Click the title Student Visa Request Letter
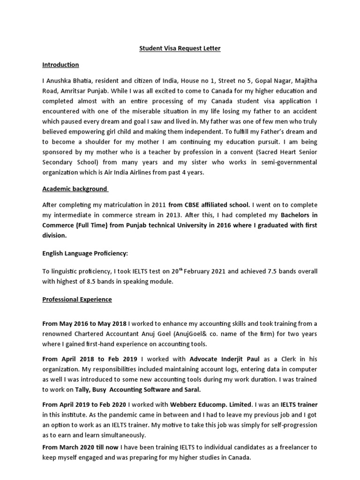tap(180, 48)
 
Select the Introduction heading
tap(60, 65)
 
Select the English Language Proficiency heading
tap(85, 253)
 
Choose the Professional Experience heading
tap(77, 299)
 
